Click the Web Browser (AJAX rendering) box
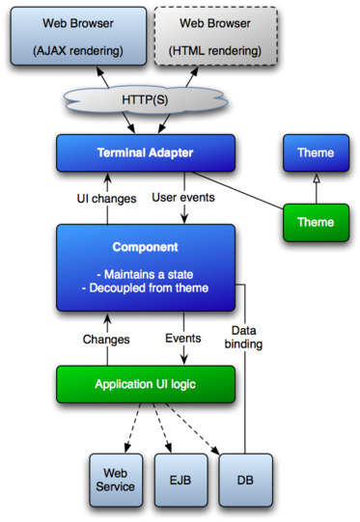tap(78, 36)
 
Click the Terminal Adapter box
tap(145, 152)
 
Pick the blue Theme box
tap(315, 152)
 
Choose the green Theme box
tap(315, 222)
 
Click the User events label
tap(183, 197)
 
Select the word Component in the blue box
tap(145, 247)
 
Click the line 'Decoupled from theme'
tap(146, 288)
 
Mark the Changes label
tap(106, 340)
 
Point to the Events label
tap(182, 338)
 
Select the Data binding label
tap(242, 337)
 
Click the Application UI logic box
tap(145, 384)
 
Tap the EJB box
tap(180, 480)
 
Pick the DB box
tap(244, 480)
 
